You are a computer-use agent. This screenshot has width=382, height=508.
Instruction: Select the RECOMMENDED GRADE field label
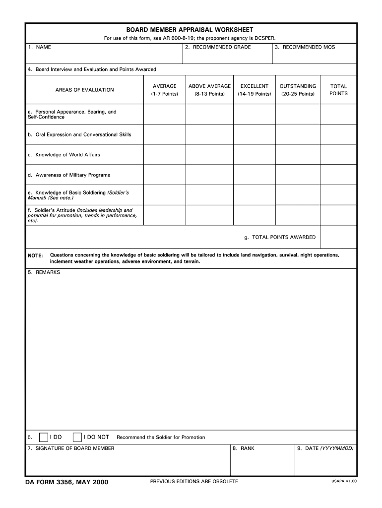tap(218, 47)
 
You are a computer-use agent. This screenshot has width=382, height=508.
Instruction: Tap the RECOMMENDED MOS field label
tap(305, 47)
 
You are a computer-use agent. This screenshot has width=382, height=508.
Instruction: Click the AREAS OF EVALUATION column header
tap(84, 90)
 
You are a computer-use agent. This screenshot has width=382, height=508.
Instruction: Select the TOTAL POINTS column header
tap(338, 90)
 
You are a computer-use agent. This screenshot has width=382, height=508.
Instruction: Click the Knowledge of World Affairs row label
tap(64, 155)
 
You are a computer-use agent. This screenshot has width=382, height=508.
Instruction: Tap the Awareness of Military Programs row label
tap(69, 175)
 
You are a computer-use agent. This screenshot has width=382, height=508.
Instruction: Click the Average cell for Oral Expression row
tap(164, 134)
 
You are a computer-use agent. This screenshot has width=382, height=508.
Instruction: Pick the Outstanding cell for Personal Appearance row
tap(298, 114)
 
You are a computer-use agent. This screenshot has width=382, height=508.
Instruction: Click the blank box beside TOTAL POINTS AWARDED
tap(338, 237)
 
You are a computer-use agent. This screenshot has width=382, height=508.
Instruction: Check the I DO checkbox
tap(44, 437)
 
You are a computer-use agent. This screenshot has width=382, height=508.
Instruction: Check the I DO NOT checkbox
tap(77, 437)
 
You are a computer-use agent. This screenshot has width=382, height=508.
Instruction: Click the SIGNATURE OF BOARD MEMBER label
tap(71, 448)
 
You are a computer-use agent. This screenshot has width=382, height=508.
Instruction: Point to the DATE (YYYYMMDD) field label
tap(325, 448)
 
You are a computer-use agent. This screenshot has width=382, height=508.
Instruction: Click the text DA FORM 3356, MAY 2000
tap(66, 482)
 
